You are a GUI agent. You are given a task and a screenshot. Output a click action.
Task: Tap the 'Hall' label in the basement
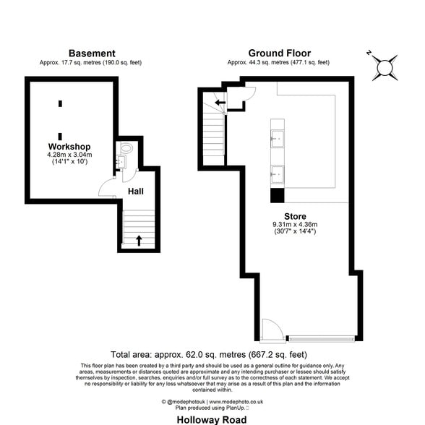click(x=135, y=192)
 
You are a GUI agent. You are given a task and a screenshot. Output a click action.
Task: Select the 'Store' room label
click(x=294, y=216)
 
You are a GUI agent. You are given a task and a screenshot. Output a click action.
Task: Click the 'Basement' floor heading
click(x=91, y=53)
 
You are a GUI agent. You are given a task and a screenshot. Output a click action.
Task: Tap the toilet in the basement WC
click(x=126, y=149)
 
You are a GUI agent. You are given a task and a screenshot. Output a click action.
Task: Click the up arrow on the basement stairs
click(x=139, y=240)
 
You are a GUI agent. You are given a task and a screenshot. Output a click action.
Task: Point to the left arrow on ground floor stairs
click(x=219, y=103)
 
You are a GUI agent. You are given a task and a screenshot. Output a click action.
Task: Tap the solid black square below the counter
click(x=277, y=195)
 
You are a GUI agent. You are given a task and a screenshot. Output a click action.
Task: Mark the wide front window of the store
click(x=322, y=338)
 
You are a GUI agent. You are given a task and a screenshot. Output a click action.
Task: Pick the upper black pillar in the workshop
click(x=60, y=103)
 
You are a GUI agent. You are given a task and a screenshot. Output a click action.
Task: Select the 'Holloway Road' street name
click(x=212, y=418)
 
